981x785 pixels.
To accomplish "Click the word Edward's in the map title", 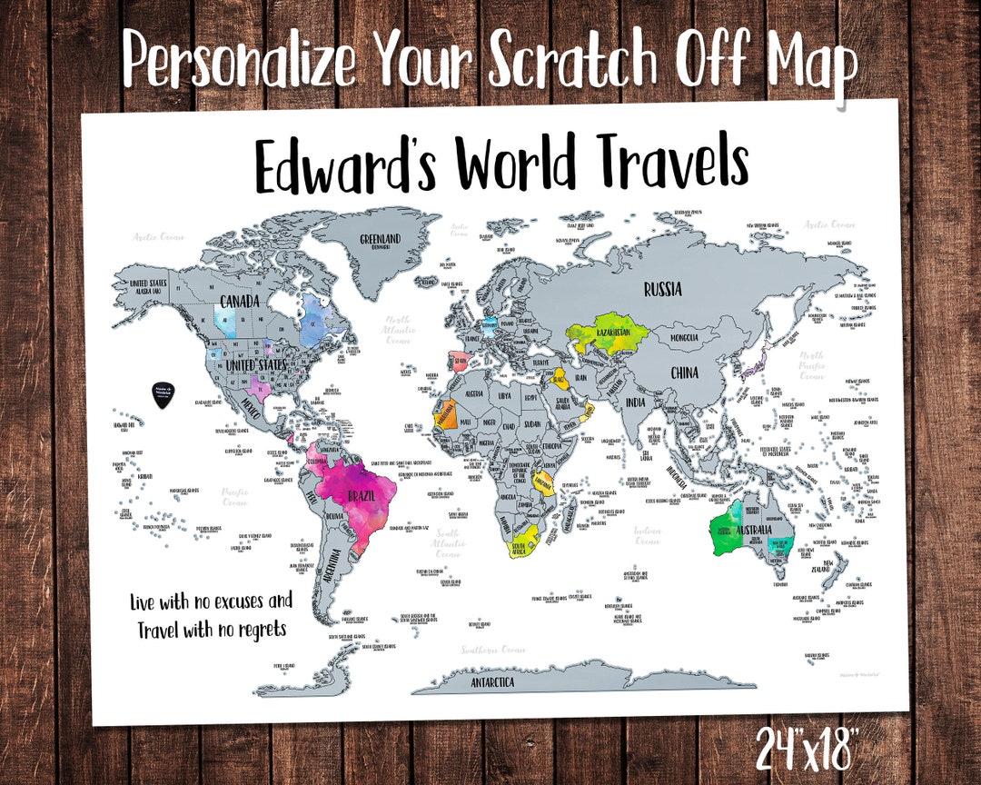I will pyautogui.click(x=346, y=166).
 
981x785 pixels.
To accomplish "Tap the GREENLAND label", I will pyautogui.click(x=381, y=240).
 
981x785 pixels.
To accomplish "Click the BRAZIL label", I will pyautogui.click(x=365, y=496).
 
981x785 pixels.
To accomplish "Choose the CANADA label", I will pyautogui.click(x=241, y=301).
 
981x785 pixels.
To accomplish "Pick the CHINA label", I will pyautogui.click(x=685, y=373).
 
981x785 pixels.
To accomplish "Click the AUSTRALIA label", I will pyautogui.click(x=753, y=530).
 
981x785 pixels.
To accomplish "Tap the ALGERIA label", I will pyautogui.click(x=474, y=394).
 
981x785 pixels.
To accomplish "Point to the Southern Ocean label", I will pyautogui.click(x=492, y=650).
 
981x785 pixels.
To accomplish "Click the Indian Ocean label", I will pyautogui.click(x=647, y=535).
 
